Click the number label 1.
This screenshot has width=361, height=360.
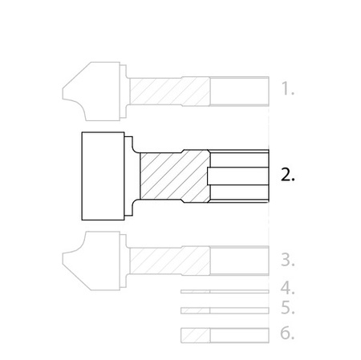coord(288,89)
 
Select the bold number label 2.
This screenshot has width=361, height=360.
coord(288,175)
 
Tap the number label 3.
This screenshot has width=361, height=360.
coord(288,260)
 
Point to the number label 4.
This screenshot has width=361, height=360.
coord(288,288)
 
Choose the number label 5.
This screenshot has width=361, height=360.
coord(288,308)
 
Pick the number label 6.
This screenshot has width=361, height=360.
coord(287,333)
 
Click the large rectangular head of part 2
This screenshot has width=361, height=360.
coord(103,176)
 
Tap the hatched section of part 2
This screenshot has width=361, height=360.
coord(175,176)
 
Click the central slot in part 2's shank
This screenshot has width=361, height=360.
coord(237,176)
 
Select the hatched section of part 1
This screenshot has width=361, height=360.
coord(169,91)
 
